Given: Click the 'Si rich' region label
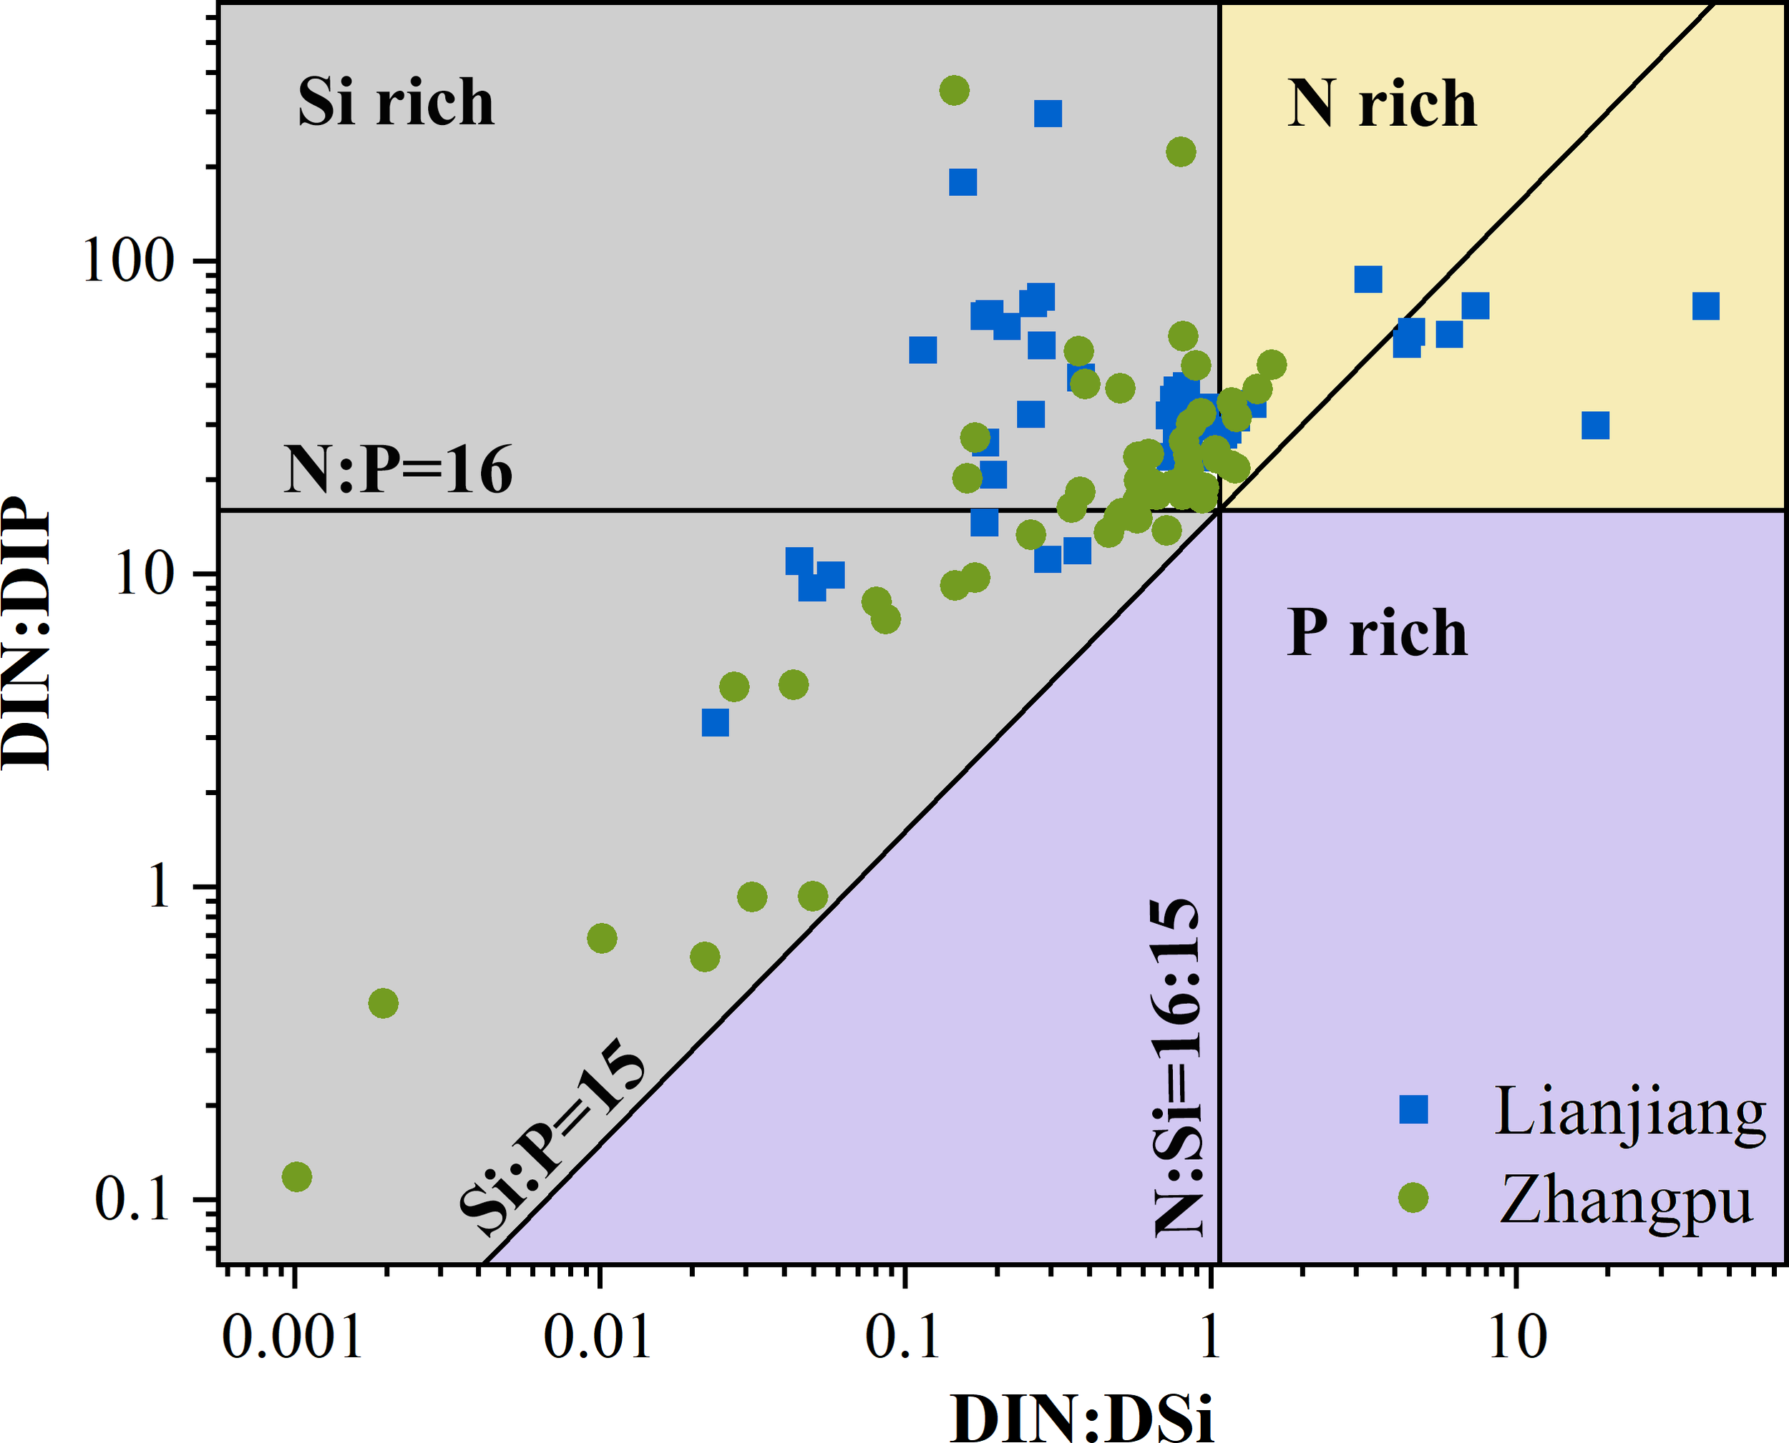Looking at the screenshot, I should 396,102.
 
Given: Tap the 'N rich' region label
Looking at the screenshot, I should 1381,104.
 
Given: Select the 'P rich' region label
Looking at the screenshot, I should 1377,634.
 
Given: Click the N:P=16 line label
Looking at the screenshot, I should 398,471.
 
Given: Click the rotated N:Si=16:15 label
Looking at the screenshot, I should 1178,1068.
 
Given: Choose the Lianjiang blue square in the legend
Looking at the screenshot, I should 1413,1110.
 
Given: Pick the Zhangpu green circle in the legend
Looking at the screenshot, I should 1413,1198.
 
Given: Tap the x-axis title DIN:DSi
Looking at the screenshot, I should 1082,1417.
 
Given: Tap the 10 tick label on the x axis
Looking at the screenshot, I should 1517,1337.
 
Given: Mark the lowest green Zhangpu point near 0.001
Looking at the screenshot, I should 297,1177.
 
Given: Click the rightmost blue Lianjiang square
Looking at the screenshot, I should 1706,306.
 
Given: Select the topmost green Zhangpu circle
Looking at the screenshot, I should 954,90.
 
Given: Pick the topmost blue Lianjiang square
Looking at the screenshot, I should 1048,114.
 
